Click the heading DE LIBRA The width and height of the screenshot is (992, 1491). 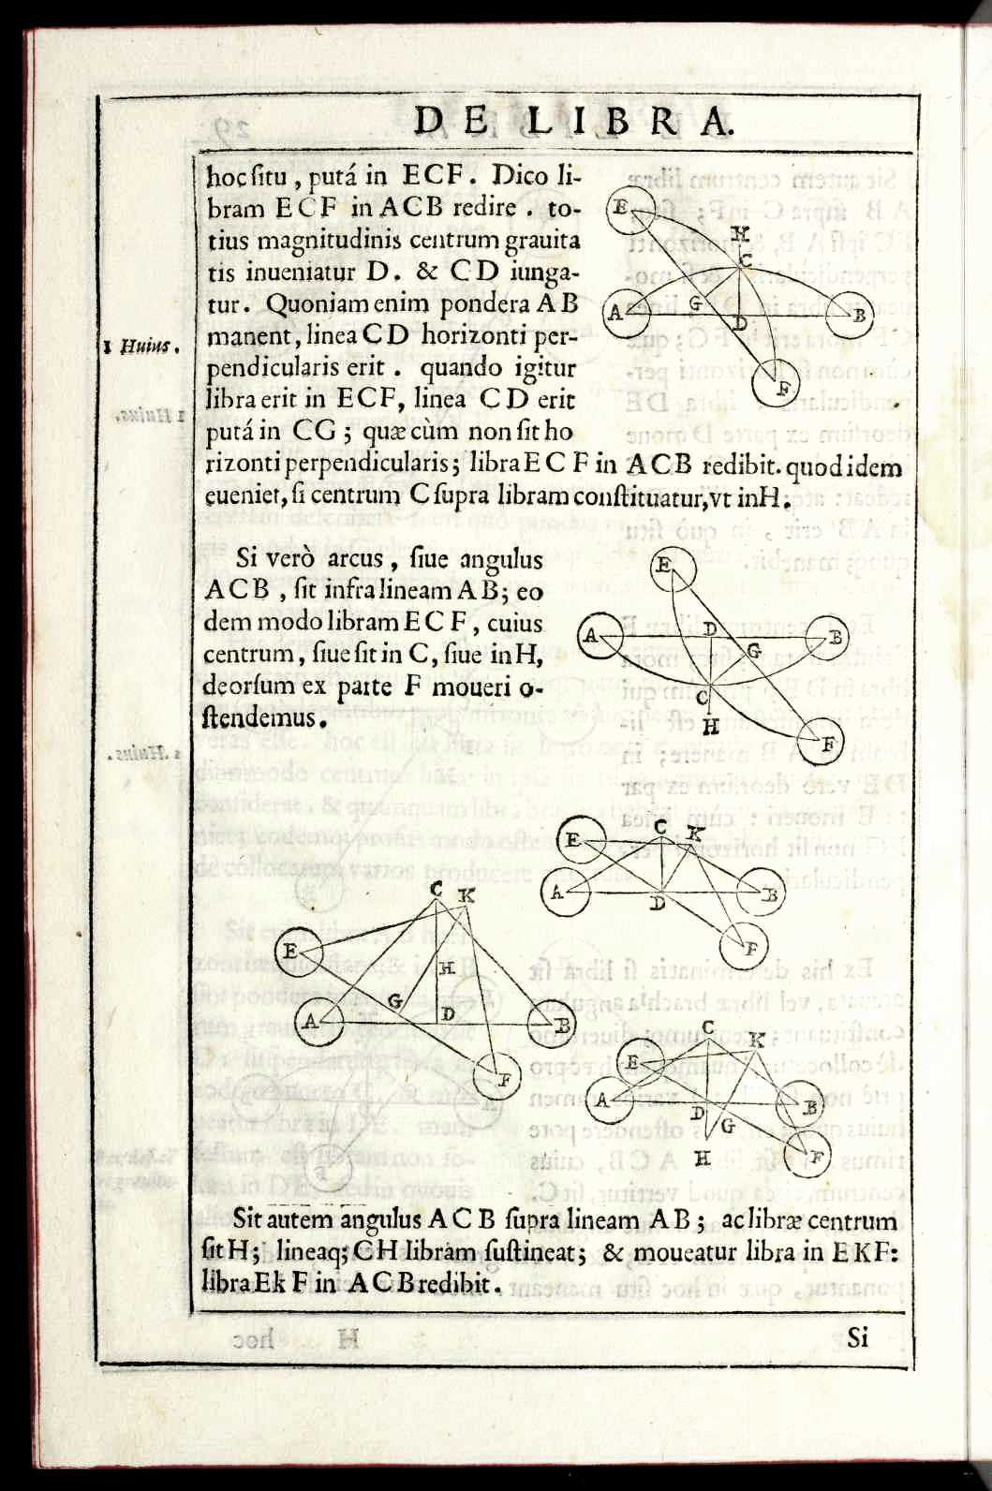(x=572, y=122)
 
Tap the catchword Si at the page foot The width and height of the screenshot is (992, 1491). (x=857, y=1336)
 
